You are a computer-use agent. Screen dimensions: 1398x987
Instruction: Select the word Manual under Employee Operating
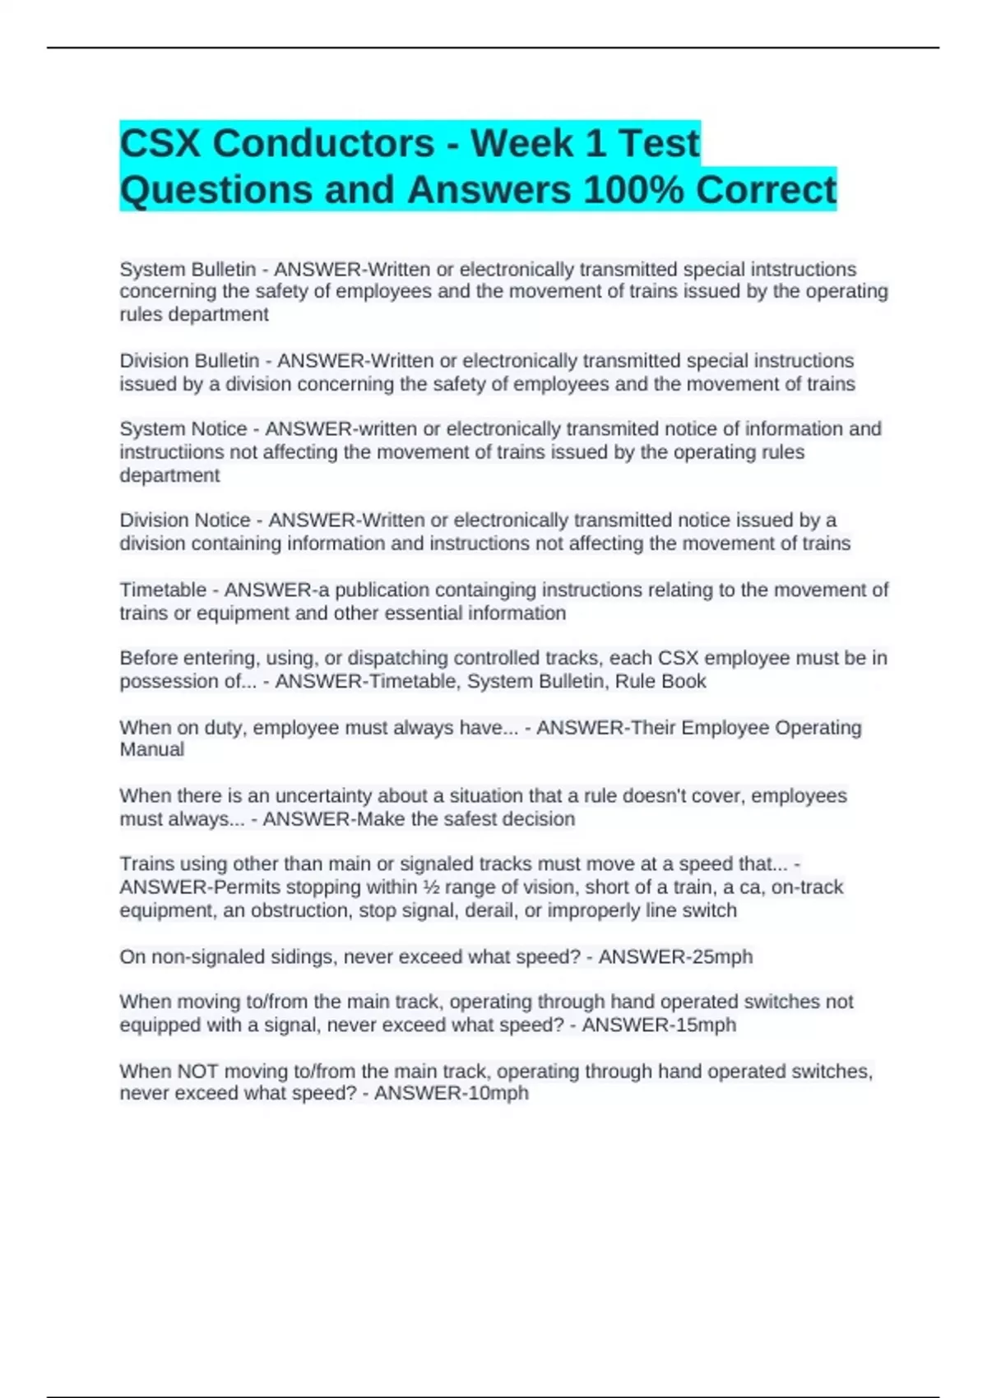coord(152,749)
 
